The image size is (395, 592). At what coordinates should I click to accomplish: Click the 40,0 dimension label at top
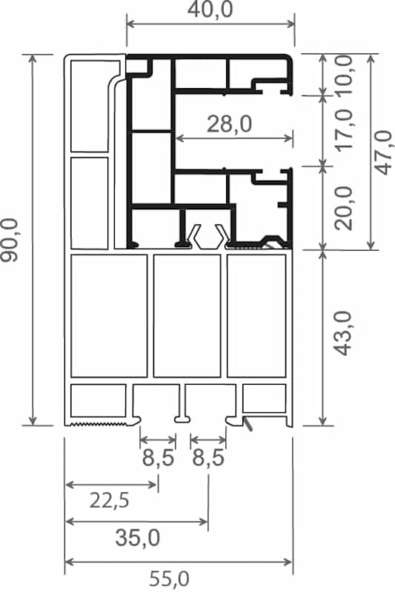tap(210, 10)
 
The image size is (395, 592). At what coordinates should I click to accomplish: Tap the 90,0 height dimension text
tap(10, 240)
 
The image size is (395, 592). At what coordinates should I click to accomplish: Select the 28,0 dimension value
tap(229, 124)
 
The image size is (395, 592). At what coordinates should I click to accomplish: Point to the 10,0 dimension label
tap(344, 75)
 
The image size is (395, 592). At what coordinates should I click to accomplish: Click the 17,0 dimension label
tap(344, 130)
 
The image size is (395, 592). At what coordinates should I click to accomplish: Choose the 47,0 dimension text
tap(385, 152)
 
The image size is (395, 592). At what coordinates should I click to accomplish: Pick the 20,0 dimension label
tap(344, 208)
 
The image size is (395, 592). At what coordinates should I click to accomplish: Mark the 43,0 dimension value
tap(344, 334)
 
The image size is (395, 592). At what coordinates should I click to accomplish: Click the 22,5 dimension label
tap(110, 501)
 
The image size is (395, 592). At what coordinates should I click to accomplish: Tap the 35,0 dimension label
tap(138, 538)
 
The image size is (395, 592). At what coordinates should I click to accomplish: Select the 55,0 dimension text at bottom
tap(169, 579)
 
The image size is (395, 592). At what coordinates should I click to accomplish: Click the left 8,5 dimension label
tap(158, 458)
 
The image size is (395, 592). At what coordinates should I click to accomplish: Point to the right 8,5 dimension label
tap(208, 458)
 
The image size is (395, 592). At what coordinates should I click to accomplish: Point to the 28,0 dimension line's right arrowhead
tap(289, 138)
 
